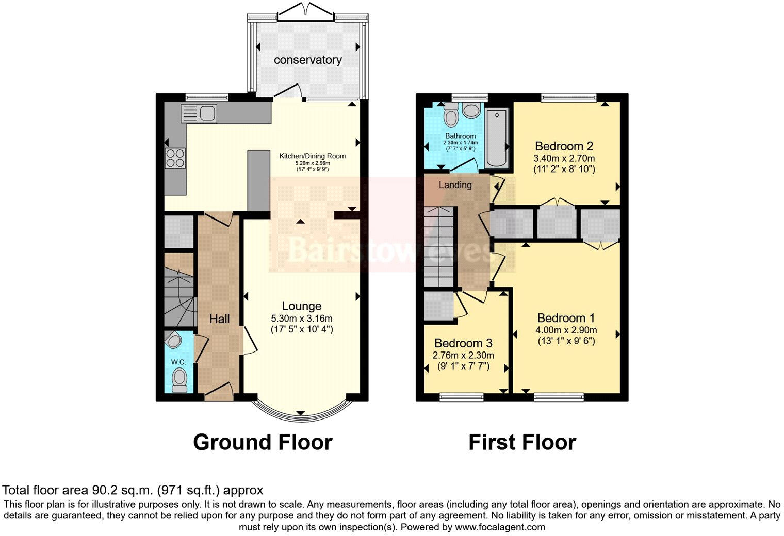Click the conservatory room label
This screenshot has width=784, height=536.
point(307,60)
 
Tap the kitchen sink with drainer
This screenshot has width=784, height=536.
point(199,113)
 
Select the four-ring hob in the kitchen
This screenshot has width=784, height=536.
point(175,158)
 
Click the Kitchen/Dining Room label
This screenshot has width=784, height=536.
point(312,156)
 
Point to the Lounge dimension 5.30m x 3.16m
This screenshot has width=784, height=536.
point(301,319)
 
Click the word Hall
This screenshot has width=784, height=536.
point(219,319)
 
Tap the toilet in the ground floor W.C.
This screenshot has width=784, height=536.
point(179,380)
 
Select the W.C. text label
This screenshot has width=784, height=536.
point(178,362)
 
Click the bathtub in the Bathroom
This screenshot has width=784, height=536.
point(497,139)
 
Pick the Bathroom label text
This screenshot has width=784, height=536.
point(460,136)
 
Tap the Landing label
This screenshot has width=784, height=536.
point(455,185)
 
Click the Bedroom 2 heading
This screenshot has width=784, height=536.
point(564,146)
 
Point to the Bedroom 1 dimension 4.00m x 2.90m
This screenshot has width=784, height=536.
point(566,330)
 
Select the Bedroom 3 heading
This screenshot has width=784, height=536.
point(463,343)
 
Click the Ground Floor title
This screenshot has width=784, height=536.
point(263,442)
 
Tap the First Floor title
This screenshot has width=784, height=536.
point(522,442)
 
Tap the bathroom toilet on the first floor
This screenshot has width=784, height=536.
point(451,115)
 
